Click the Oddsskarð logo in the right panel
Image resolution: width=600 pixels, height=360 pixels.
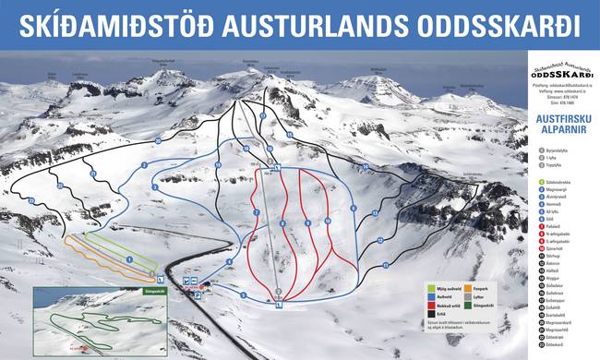click(x=562, y=72)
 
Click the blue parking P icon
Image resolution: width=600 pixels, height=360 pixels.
click(x=196, y=279)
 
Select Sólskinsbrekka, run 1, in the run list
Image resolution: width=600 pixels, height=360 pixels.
click(x=562, y=182)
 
